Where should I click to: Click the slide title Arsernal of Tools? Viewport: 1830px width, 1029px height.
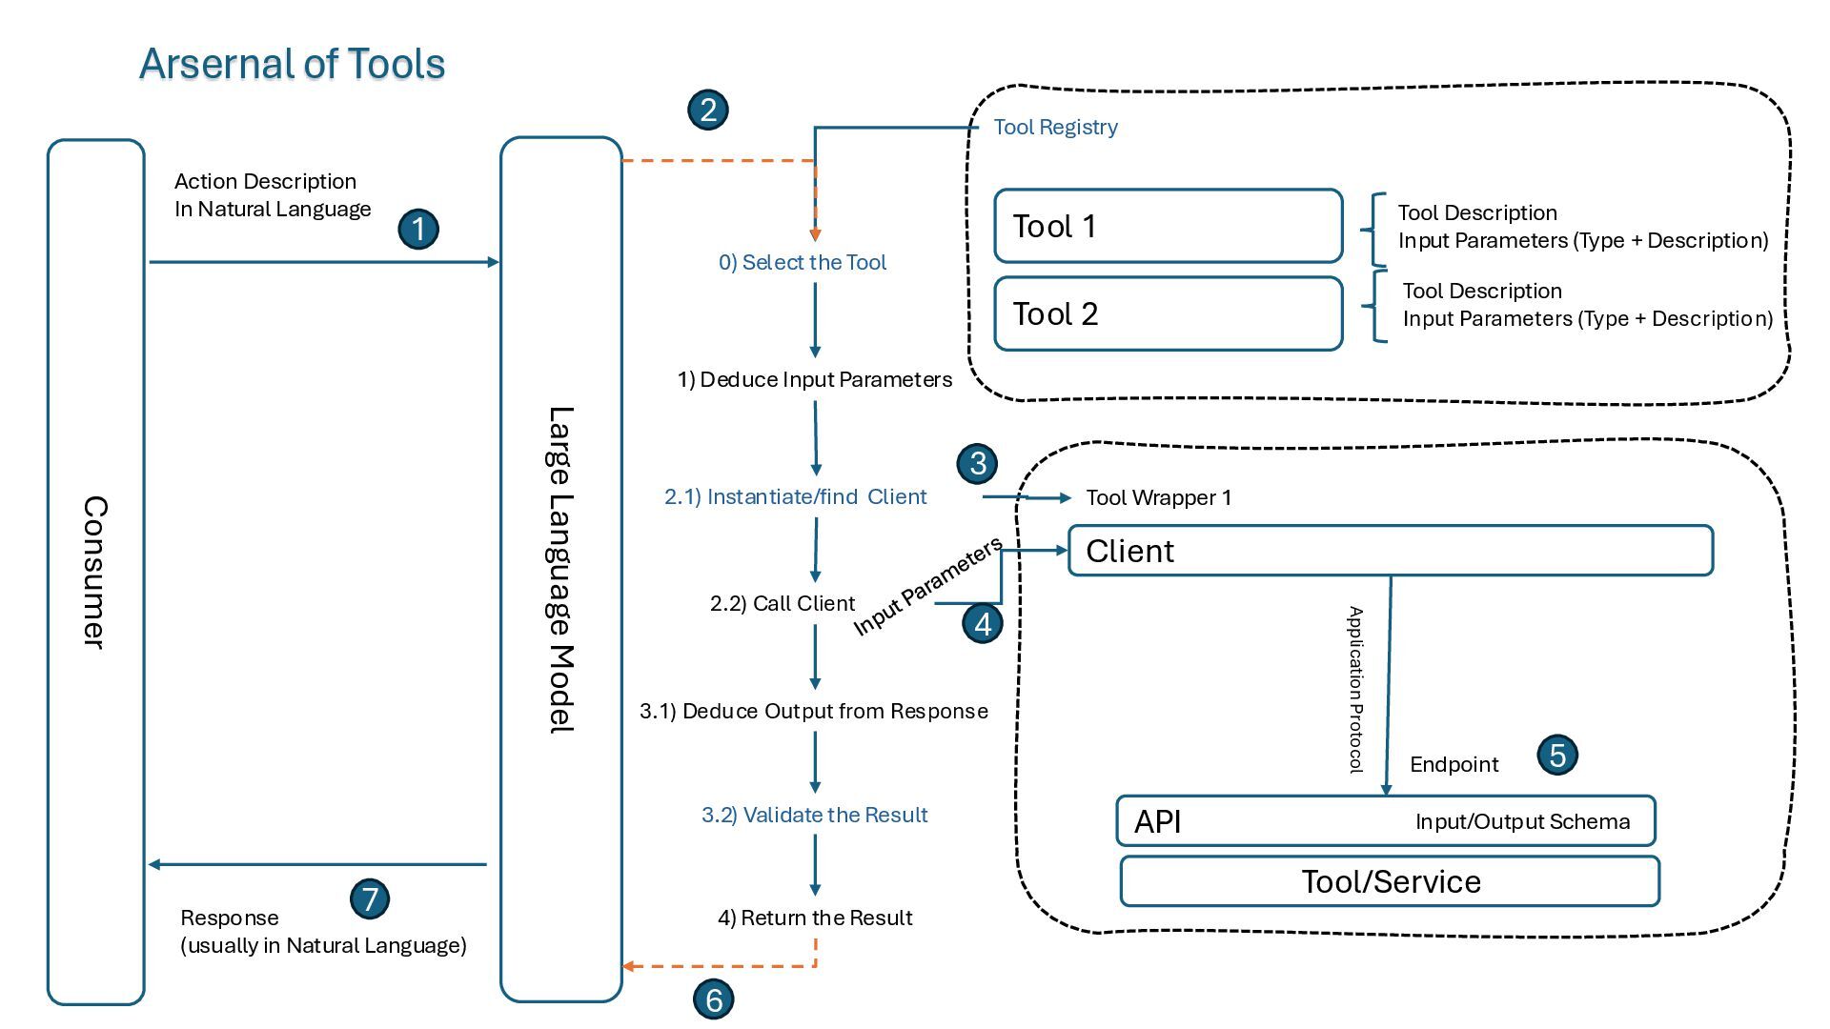point(292,64)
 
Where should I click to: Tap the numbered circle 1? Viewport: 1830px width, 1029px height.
point(418,230)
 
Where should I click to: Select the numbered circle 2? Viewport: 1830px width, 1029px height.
point(708,110)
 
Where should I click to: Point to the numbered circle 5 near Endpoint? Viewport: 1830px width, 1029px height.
point(1557,756)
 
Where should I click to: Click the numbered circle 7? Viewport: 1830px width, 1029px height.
point(370,898)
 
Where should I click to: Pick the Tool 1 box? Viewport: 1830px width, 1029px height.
point(1168,226)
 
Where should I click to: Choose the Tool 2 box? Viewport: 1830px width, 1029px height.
point(1168,313)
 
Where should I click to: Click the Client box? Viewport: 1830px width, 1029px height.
point(1390,551)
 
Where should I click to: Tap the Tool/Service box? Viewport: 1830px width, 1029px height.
point(1390,881)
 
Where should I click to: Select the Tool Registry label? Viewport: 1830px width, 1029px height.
point(1055,128)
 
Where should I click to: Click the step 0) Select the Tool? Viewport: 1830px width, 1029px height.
point(802,262)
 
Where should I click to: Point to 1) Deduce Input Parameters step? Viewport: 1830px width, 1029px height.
point(814,379)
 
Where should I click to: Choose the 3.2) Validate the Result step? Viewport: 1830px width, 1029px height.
point(814,815)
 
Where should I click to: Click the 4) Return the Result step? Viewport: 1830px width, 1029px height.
point(814,918)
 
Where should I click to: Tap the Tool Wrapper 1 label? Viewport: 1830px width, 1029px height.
point(1158,497)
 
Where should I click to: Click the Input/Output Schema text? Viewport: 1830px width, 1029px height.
point(1522,821)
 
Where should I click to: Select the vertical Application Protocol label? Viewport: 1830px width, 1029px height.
point(1354,689)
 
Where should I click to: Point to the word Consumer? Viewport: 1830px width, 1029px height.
point(94,572)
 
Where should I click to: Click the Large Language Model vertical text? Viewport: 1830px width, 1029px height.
point(560,569)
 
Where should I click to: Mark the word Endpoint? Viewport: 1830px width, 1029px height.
point(1454,764)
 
